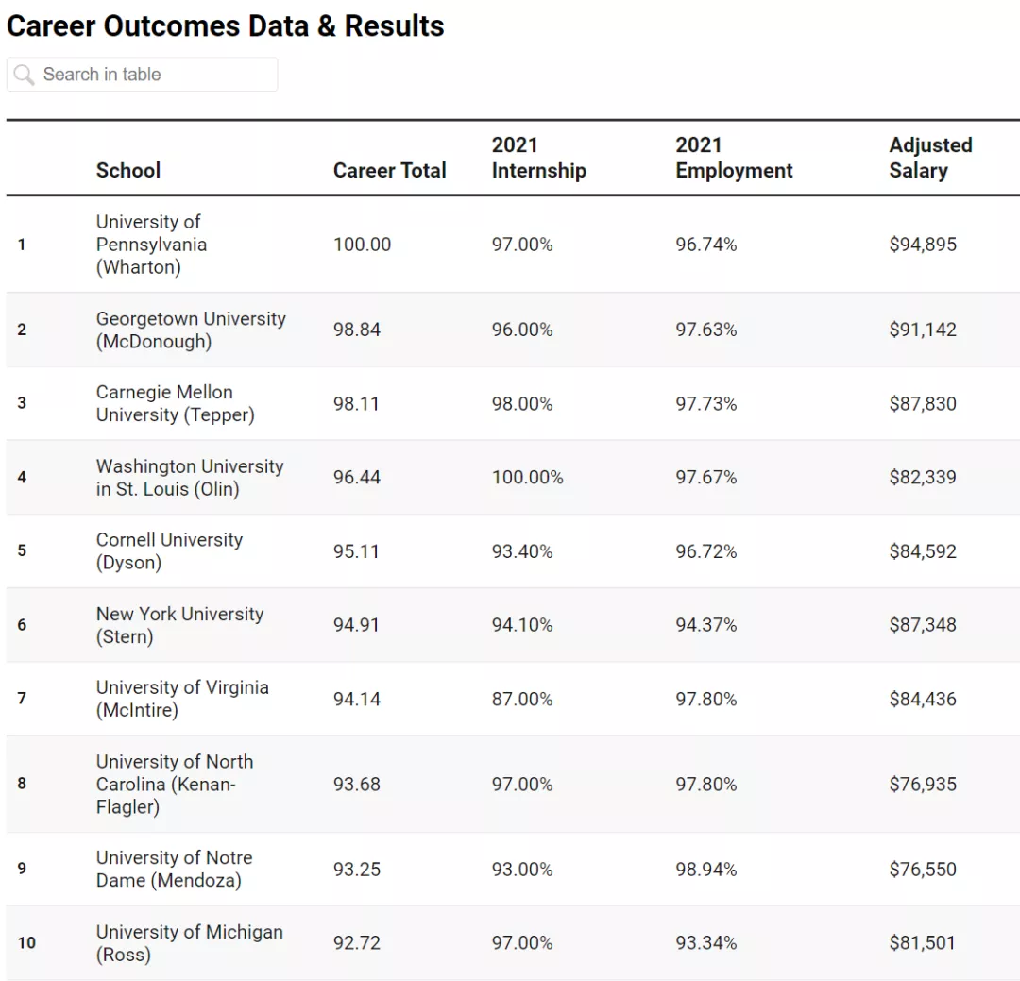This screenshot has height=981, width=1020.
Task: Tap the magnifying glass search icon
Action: [24, 75]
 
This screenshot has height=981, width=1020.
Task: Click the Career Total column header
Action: [389, 171]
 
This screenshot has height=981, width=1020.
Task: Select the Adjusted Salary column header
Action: [929, 158]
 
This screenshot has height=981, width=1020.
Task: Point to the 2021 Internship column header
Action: [538, 158]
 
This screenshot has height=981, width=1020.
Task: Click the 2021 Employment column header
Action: [734, 158]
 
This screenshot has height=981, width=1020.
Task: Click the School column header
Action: [128, 171]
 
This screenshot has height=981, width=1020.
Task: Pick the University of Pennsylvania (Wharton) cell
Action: [151, 245]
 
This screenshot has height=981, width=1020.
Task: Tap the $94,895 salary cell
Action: [922, 245]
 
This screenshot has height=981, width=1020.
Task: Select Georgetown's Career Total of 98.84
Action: [357, 330]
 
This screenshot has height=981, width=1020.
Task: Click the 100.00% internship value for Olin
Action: [527, 478]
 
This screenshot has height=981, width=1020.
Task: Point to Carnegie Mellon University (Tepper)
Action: [175, 403]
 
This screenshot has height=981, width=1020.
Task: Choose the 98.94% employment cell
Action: [705, 870]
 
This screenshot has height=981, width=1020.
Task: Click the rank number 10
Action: [26, 943]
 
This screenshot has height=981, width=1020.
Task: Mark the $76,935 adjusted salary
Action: [922, 785]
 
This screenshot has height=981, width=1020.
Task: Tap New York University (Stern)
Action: [179, 625]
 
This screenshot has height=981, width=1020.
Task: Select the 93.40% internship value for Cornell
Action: [521, 551]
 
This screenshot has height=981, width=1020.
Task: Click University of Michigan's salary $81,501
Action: [922, 943]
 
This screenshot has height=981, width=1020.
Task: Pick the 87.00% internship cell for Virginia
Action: [521, 700]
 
